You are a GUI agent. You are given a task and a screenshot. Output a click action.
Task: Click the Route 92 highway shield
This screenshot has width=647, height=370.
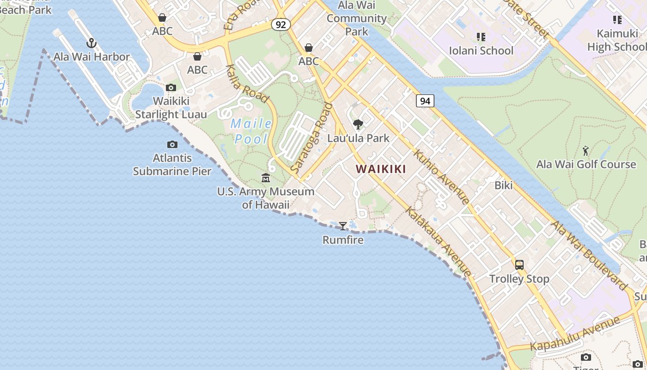coord(281,24)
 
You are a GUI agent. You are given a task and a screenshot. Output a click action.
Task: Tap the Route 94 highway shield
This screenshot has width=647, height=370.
coord(425,100)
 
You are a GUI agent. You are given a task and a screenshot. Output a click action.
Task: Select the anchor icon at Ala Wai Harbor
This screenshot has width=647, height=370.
coord(92,43)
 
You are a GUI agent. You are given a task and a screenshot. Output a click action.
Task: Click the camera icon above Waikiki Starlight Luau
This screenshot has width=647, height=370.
coord(171,87)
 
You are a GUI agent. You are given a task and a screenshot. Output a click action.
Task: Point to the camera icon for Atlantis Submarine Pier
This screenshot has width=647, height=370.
coord(172,145)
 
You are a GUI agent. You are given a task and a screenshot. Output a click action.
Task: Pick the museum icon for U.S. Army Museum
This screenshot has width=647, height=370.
coord(266,178)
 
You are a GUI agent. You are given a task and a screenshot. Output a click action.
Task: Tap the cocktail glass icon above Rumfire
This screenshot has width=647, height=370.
coord(343,226)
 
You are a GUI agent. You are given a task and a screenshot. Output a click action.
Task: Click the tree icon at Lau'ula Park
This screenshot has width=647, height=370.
coord(358,124)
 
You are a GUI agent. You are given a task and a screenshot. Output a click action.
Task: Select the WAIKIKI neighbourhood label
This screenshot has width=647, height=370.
coord(381,169)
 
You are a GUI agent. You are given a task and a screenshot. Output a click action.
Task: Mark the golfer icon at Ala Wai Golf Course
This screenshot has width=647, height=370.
coord(586,151)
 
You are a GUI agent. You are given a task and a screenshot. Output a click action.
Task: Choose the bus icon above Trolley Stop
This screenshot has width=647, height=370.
coord(519,265)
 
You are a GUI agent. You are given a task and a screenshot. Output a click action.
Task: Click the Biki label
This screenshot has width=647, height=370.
coord(504,185)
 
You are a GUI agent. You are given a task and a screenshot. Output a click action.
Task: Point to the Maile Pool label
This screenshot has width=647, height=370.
coord(251,131)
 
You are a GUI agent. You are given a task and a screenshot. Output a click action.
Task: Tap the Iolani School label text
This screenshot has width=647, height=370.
coord(481,50)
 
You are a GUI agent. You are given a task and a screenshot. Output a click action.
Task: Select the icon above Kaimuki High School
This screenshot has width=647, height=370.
coord(617,20)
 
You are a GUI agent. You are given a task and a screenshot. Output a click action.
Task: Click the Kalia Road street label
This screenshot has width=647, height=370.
coord(247,84)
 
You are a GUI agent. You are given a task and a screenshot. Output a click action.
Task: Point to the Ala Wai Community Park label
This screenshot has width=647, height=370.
coord(356,18)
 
